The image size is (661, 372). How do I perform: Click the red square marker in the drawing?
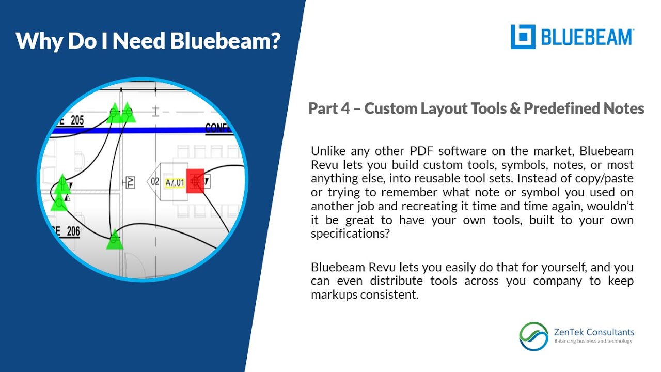(x=195, y=180)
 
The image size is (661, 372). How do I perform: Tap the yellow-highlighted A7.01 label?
(x=174, y=182)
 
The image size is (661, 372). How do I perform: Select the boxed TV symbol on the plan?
(x=131, y=182)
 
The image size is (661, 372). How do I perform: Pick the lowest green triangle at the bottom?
(x=115, y=240)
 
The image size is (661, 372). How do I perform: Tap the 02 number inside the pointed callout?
(x=155, y=182)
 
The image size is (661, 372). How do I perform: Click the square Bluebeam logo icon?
(x=523, y=37)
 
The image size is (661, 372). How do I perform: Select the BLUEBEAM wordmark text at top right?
(x=587, y=37)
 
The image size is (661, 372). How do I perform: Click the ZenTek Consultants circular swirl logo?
(x=534, y=336)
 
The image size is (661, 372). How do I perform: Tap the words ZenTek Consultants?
(x=594, y=332)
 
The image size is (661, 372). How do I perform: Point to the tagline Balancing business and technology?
(x=593, y=341)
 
